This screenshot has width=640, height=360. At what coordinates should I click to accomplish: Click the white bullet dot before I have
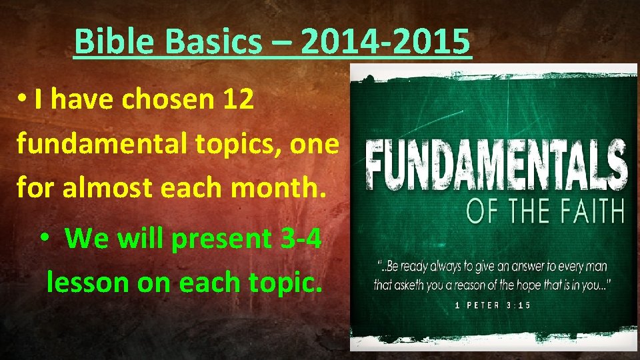pyautogui.click(x=22, y=99)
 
